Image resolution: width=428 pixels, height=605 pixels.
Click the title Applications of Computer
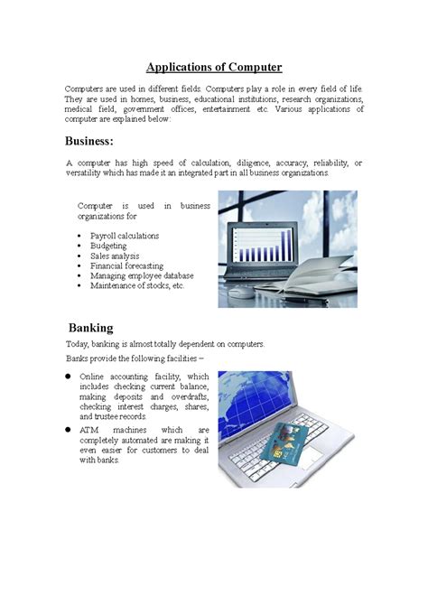(x=215, y=67)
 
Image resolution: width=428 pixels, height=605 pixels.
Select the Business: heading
(x=89, y=141)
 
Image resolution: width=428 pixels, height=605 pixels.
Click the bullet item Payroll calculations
(x=125, y=236)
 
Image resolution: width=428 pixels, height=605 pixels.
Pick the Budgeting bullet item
(x=108, y=246)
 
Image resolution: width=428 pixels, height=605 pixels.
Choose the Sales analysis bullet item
(x=115, y=256)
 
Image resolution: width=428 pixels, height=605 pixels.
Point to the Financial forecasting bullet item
(x=126, y=265)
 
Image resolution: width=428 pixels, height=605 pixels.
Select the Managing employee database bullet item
(x=142, y=275)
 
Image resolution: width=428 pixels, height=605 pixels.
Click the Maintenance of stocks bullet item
(x=136, y=285)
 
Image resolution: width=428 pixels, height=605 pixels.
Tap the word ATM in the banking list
(x=88, y=430)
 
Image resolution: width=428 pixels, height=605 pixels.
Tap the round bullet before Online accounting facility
(x=69, y=376)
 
